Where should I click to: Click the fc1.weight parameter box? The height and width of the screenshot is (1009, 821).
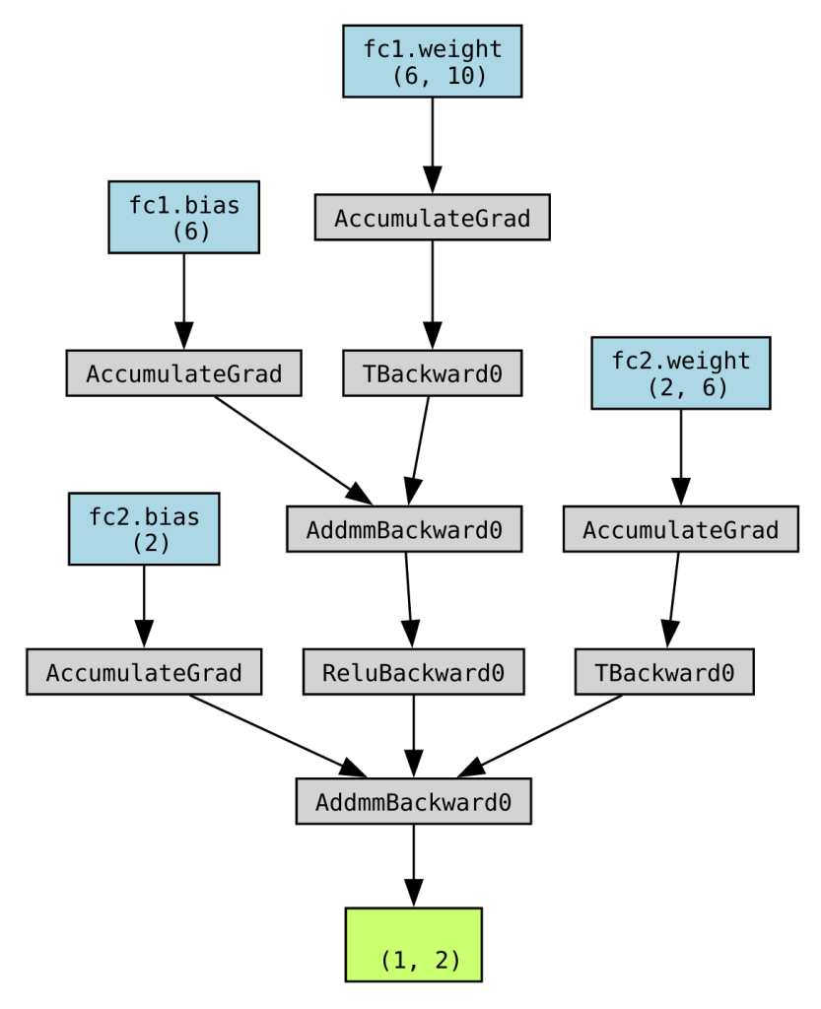click(432, 61)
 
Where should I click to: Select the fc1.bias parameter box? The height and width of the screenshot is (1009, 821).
click(183, 217)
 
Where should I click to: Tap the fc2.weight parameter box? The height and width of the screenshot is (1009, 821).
click(680, 372)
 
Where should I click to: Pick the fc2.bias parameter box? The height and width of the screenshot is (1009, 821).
click(144, 529)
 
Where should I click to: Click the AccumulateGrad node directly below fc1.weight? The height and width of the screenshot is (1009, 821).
click(432, 218)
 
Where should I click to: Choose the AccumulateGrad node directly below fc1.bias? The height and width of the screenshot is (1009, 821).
click(183, 373)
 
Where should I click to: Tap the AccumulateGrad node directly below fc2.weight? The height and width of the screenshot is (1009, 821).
click(680, 529)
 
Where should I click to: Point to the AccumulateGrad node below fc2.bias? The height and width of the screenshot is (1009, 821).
click(144, 672)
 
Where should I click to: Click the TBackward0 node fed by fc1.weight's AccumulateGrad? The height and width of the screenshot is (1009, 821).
click(432, 373)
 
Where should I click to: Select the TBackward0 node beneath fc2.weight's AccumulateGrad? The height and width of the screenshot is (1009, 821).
click(664, 672)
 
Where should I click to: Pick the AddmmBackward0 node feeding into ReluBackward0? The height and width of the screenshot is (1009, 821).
click(404, 529)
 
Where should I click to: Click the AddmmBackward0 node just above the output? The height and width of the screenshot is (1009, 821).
click(413, 801)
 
